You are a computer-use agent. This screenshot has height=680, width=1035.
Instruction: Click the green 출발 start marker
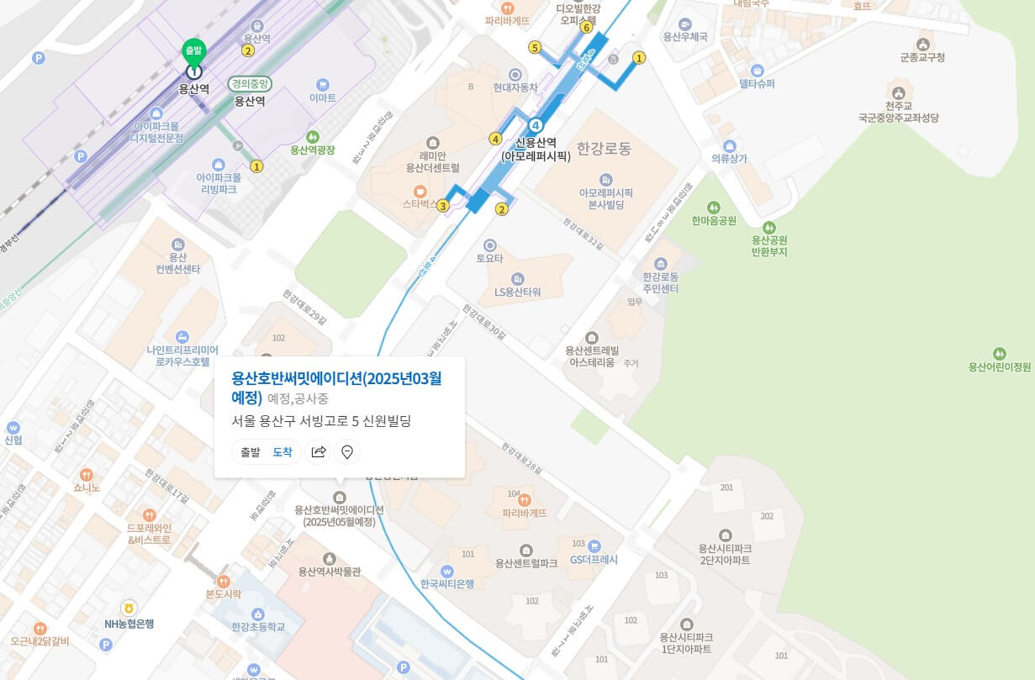(x=194, y=51)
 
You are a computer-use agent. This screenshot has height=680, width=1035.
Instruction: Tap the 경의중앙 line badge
(x=250, y=84)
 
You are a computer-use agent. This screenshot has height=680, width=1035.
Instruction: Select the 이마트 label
(x=323, y=98)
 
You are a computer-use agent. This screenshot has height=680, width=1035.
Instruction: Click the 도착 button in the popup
(x=283, y=452)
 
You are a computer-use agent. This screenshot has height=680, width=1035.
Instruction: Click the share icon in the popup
(x=318, y=452)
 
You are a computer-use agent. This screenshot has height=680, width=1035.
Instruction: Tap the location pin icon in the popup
(x=346, y=452)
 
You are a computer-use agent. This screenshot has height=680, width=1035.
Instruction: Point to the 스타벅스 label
(x=420, y=203)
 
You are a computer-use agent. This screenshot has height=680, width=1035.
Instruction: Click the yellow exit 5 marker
(x=535, y=47)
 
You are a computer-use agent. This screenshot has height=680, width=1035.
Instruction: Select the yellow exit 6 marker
(x=586, y=27)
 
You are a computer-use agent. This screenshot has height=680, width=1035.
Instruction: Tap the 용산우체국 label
(x=685, y=36)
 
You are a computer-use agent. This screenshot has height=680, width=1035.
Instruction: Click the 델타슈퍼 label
(x=757, y=83)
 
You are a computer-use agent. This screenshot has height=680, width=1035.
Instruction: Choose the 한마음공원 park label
(x=714, y=220)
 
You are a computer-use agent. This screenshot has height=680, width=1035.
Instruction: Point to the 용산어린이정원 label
(x=999, y=366)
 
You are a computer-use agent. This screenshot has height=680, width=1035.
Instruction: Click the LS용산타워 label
(x=517, y=292)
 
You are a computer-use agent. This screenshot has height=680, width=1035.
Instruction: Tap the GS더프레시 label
(x=594, y=559)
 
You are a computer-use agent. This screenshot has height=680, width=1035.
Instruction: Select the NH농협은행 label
(x=129, y=624)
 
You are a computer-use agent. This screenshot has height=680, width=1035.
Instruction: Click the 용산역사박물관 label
(x=330, y=572)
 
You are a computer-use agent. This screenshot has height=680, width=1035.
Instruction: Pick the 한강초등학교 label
(x=258, y=626)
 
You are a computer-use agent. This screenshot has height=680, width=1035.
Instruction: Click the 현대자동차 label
(x=515, y=87)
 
